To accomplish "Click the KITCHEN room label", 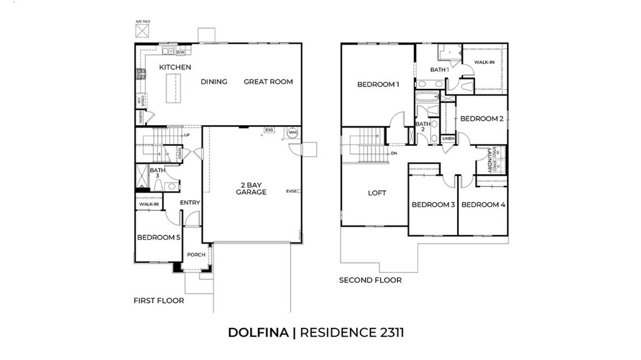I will (x=175, y=67).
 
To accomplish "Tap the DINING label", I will (x=213, y=81).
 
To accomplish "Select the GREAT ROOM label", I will (x=268, y=81).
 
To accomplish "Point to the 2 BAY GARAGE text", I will (x=251, y=188).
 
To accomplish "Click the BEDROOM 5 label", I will (x=158, y=237).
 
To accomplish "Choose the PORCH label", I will (x=196, y=254).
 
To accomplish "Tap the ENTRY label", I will (x=190, y=202).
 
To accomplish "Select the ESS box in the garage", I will (x=269, y=130).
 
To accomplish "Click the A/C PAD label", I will (x=143, y=21).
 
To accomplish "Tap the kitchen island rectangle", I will (x=172, y=88).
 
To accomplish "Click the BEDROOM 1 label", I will (x=377, y=84).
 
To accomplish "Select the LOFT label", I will (x=377, y=193).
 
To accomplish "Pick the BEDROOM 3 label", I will (x=433, y=205).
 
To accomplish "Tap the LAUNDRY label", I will (x=484, y=160).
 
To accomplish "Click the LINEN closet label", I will (x=448, y=138).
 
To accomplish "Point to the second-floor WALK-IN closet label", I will (x=484, y=62).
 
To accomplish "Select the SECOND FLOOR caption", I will (x=370, y=280).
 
